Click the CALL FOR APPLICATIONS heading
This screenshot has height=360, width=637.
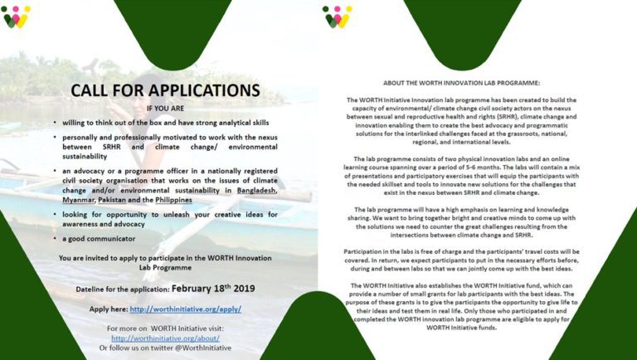(164, 90)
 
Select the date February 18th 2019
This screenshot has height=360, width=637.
(213, 289)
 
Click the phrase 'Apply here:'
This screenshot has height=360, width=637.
(108, 309)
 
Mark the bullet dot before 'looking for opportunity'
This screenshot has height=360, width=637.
(54, 215)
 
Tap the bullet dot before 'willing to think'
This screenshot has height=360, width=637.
(54, 123)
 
